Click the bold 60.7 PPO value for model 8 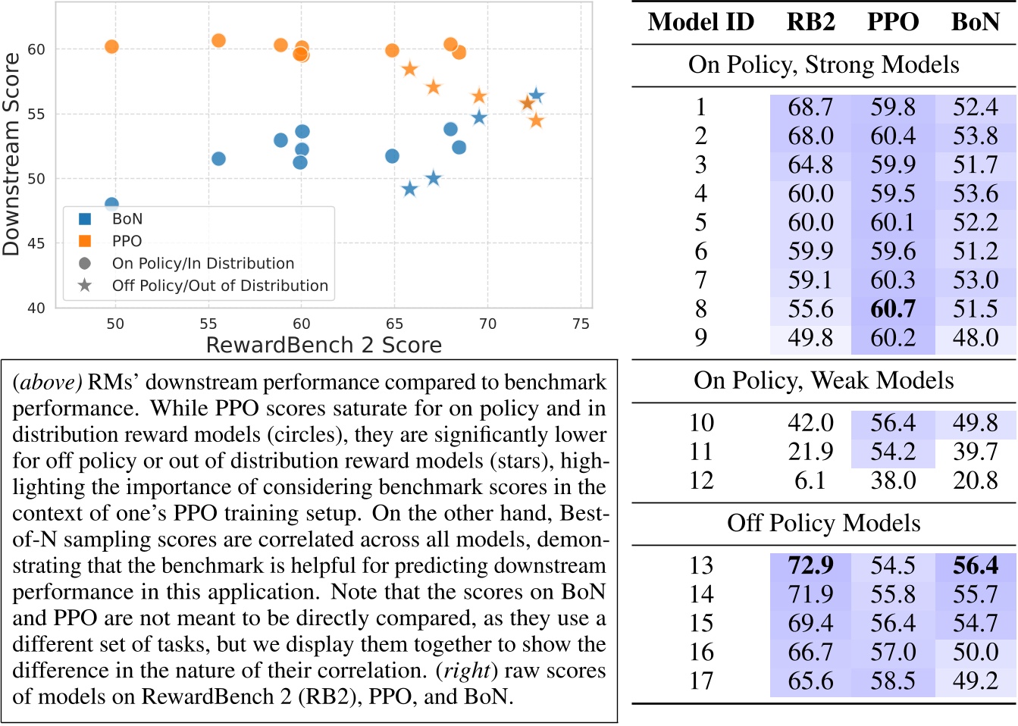[893, 309]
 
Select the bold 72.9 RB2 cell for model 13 [810, 565]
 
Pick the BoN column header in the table [975, 22]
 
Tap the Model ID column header [700, 22]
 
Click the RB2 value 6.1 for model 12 [810, 480]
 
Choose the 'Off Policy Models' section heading [823, 523]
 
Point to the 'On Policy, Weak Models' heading [823, 380]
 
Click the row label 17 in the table [701, 681]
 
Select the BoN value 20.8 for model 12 [975, 480]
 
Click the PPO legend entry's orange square [85, 241]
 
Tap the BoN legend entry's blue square [85, 219]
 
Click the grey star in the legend [85, 286]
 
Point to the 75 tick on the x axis [581, 324]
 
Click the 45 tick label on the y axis [36, 243]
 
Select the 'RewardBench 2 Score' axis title [324, 346]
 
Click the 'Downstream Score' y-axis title [11, 154]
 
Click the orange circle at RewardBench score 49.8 [111, 47]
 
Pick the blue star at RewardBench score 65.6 [409, 189]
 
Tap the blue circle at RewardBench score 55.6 [218, 158]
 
